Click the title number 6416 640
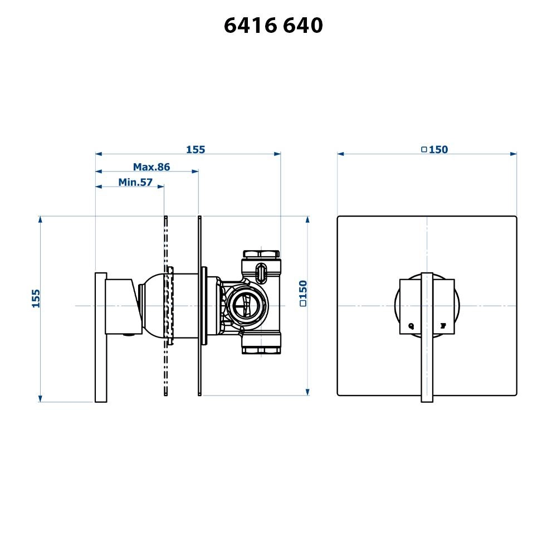(273, 26)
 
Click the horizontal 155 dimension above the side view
(196, 149)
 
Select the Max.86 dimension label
(151, 167)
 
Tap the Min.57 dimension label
(135, 182)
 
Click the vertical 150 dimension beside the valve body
(303, 294)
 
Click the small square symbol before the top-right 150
(424, 149)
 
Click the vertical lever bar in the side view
(101, 337)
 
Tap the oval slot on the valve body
(261, 272)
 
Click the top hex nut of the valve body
(261, 255)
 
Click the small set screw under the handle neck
(129, 335)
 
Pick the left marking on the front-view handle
(411, 325)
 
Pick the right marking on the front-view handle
(444, 325)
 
